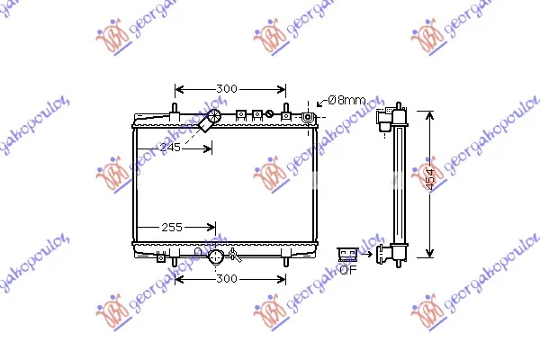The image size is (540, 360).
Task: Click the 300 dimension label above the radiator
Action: (227, 89)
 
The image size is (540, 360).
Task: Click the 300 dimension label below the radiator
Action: (227, 278)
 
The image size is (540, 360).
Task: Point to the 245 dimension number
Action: (170, 148)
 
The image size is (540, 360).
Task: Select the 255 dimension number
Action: (172, 228)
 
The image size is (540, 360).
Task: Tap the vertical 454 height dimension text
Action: (430, 179)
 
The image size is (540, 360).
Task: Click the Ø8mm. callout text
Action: (347, 100)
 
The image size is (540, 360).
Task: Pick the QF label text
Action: (348, 270)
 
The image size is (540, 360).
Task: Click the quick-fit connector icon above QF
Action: (347, 255)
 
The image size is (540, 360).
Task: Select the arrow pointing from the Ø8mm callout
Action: (321, 102)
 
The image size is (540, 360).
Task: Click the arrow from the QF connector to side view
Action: (366, 254)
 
